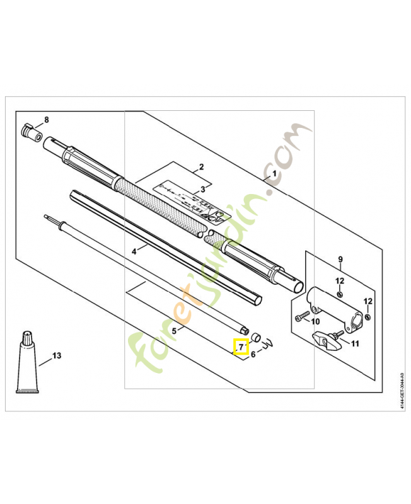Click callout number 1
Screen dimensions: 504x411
274,173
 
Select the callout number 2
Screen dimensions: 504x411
201,167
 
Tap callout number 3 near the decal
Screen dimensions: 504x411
202,189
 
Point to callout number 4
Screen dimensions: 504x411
134,251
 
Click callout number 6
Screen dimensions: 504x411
253,354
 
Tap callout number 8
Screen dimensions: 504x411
46,120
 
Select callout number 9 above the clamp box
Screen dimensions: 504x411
340,259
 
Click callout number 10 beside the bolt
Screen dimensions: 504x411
316,321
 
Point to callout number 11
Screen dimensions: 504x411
354,343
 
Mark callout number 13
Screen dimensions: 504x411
57,356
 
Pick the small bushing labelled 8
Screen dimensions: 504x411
31,133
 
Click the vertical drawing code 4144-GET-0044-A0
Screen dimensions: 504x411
402,391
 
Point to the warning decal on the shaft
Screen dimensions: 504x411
189,200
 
